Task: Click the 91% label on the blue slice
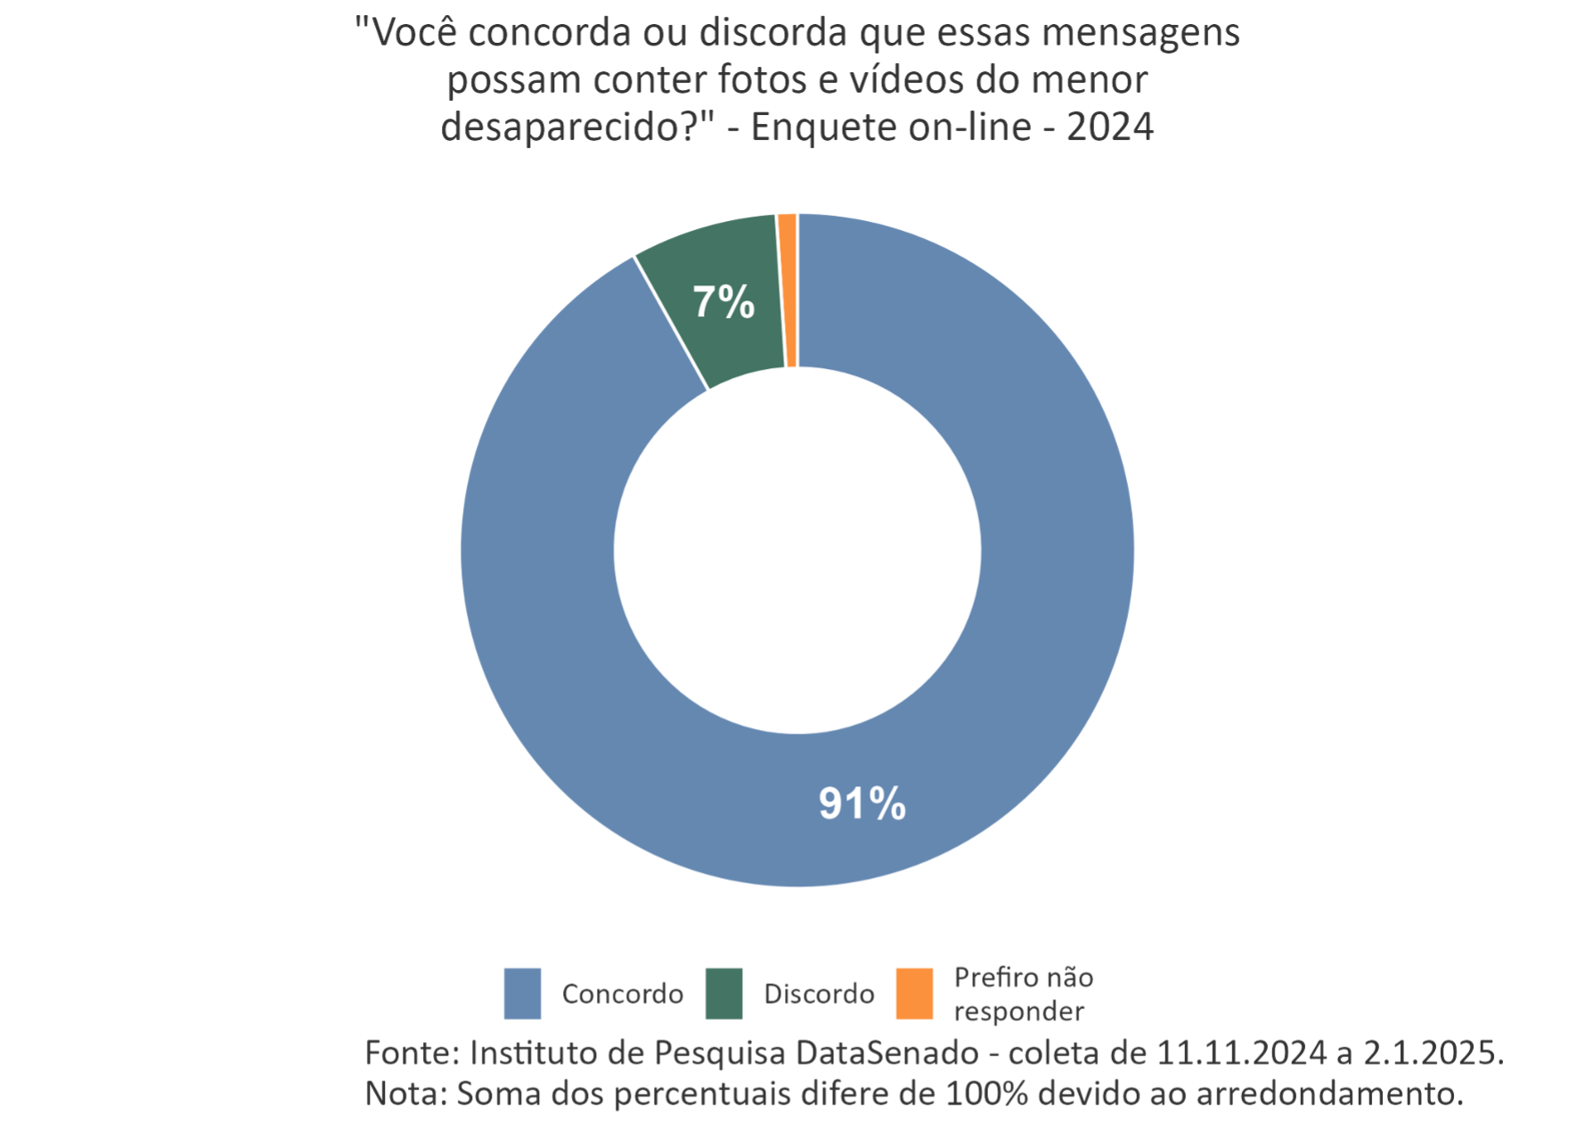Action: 862,804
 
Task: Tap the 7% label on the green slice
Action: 723,303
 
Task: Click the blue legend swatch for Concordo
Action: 523,993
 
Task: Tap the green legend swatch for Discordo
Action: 723,993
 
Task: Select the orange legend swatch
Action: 914,993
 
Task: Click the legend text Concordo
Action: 623,994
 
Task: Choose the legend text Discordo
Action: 819,994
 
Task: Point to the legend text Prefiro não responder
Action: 1023,994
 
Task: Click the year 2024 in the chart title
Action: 1110,127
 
